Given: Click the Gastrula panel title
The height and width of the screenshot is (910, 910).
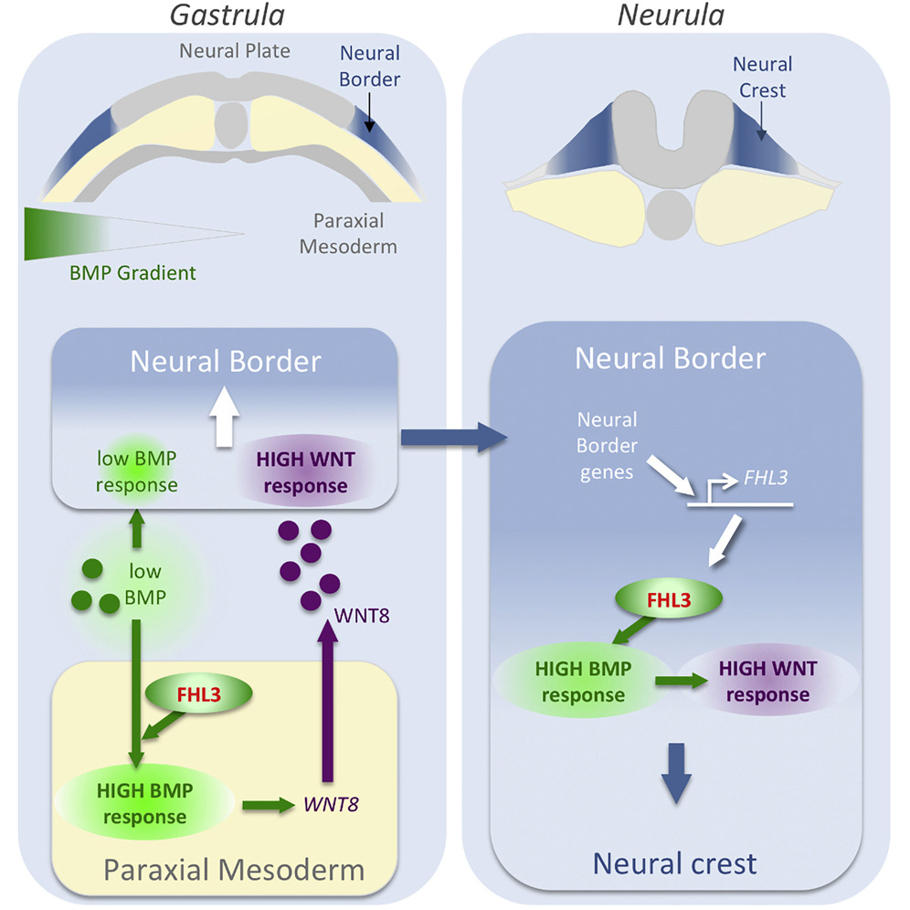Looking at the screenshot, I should [x=225, y=16].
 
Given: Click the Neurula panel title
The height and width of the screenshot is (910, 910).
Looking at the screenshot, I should [x=684, y=16].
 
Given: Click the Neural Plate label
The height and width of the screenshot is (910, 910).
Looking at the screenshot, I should [x=222, y=53].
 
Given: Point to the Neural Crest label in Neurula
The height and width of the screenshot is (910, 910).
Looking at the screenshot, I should [x=762, y=78].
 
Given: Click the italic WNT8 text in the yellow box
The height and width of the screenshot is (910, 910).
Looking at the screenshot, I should [x=331, y=805].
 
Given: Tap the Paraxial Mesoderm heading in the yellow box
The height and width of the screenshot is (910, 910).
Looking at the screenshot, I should [x=234, y=869].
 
